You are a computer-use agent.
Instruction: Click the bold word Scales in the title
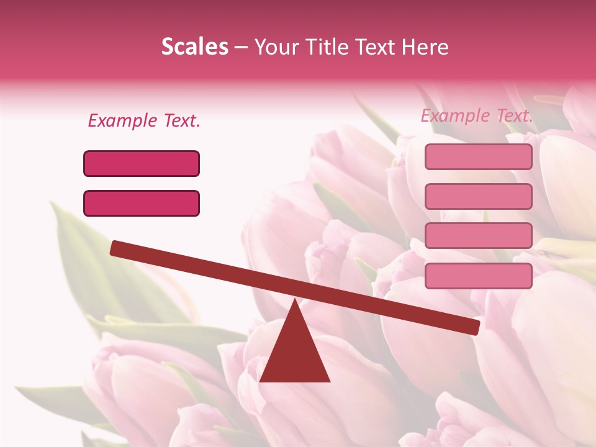tap(194, 47)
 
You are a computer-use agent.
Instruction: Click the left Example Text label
tap(144, 120)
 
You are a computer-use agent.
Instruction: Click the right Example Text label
tap(477, 115)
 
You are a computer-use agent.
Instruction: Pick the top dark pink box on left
tap(142, 163)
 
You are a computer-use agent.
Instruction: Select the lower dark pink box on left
tap(142, 203)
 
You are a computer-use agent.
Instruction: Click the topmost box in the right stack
tap(478, 156)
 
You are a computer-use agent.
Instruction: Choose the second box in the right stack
tap(478, 196)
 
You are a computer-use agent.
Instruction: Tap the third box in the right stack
tap(478, 235)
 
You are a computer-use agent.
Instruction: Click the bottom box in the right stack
tap(478, 276)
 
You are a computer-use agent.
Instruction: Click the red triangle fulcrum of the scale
tap(295, 354)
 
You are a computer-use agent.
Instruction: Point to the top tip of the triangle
tap(295, 300)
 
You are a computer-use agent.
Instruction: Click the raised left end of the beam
tap(115, 248)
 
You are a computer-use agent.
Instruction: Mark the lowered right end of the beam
tap(474, 327)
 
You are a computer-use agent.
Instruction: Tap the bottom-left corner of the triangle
tap(261, 381)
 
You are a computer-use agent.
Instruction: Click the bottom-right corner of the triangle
tap(329, 381)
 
